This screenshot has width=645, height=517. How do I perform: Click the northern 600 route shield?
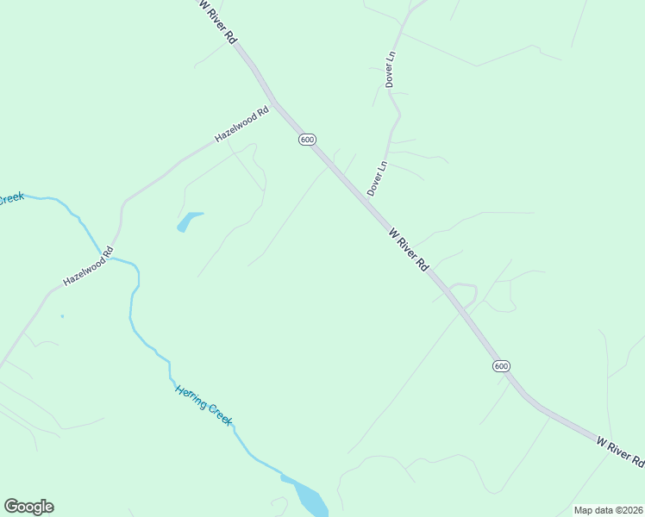[x=308, y=140]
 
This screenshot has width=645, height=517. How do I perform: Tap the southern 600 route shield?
[x=501, y=366]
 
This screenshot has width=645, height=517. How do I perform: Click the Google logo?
[x=28, y=507]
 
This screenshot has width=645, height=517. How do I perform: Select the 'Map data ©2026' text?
[x=607, y=510]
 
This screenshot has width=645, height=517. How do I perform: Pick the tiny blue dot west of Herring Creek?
[x=62, y=316]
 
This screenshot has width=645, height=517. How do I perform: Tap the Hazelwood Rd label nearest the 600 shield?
[x=241, y=125]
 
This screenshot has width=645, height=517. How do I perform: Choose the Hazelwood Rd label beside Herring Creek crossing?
[x=88, y=268]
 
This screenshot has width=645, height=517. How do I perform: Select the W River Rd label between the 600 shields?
[x=408, y=250]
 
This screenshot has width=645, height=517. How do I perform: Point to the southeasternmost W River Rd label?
[x=620, y=452]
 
